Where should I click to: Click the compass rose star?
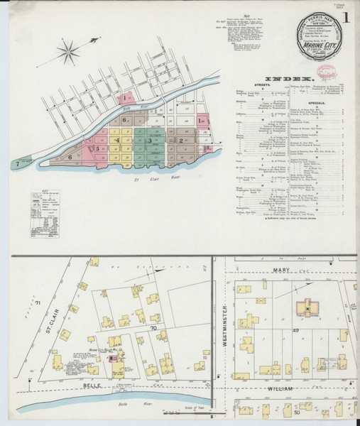[70, 50]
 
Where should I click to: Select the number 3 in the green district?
[150, 141]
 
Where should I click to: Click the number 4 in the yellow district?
[117, 141]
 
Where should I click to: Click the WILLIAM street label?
[283, 389]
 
